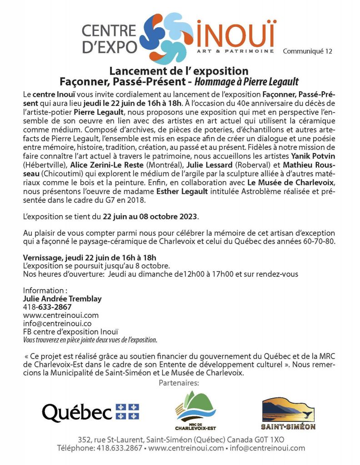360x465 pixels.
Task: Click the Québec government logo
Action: tap(90, 412)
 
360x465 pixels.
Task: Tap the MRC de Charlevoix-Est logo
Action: tap(195, 411)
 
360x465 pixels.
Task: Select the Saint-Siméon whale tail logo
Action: tap(288, 413)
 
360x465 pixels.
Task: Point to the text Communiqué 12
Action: tap(307, 51)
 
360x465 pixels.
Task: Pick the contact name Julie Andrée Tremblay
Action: tap(62, 299)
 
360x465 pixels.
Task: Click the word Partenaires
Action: tap(179, 384)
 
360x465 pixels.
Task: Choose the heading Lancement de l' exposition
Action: tap(179, 71)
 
